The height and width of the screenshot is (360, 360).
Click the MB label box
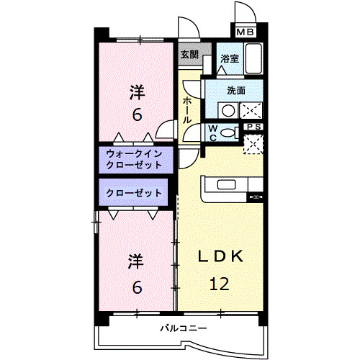pyautogui.click(x=245, y=32)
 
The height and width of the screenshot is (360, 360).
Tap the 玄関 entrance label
pyautogui.click(x=189, y=54)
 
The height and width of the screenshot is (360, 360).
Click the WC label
pyautogui.click(x=213, y=131)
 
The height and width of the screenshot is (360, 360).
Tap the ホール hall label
pyautogui.click(x=187, y=109)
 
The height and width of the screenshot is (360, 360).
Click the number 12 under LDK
pyautogui.click(x=219, y=284)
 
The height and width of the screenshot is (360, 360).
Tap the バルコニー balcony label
pyautogui.click(x=184, y=328)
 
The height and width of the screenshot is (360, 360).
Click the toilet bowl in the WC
pyautogui.click(x=229, y=132)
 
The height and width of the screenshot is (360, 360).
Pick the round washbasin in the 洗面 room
pyautogui.click(x=228, y=111)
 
